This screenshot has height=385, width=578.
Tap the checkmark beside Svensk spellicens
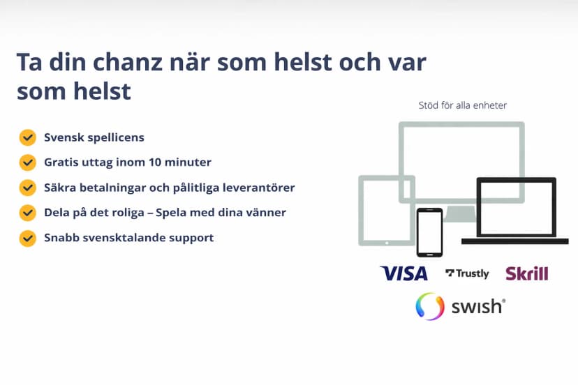click(x=27, y=137)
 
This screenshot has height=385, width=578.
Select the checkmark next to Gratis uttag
click(x=27, y=163)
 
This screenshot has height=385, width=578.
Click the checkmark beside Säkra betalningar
click(x=27, y=188)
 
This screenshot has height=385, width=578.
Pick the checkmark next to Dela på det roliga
click(x=27, y=213)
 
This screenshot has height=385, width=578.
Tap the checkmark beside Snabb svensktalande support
click(x=27, y=238)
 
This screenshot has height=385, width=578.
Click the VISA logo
click(x=403, y=273)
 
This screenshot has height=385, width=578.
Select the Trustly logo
click(x=467, y=273)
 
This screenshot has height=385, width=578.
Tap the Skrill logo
click(x=526, y=273)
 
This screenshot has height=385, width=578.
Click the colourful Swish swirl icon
click(x=430, y=306)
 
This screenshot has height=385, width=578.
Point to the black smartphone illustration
click(x=429, y=232)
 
